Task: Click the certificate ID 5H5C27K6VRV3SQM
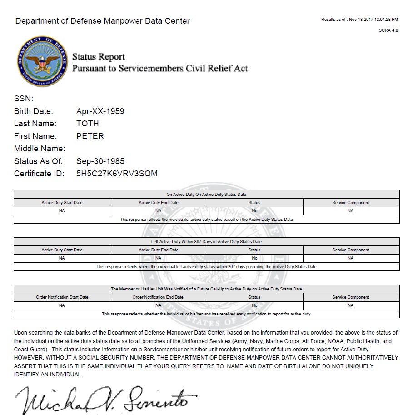click(x=117, y=174)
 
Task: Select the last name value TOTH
click(x=88, y=124)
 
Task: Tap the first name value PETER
click(x=90, y=136)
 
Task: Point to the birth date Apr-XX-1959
click(x=100, y=111)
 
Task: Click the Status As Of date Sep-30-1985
click(x=100, y=161)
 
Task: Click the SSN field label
click(x=24, y=99)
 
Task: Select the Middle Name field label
click(x=40, y=149)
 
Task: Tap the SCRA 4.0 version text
click(x=388, y=30)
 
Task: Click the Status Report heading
click(x=99, y=57)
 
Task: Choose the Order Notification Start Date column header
click(x=62, y=297)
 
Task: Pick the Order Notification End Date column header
click(x=158, y=297)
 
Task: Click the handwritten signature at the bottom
click(x=107, y=398)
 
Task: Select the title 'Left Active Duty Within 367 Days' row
click(x=206, y=242)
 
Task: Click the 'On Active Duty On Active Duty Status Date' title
click(x=206, y=195)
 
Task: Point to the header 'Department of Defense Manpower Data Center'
click(x=103, y=21)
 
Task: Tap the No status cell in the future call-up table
click(x=254, y=305)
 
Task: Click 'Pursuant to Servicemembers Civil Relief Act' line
click(x=160, y=68)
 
